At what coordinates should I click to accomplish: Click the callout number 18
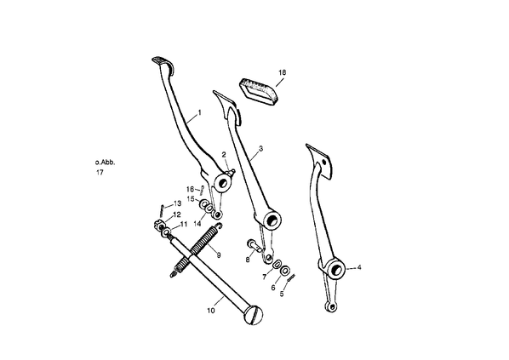pyautogui.click(x=283, y=72)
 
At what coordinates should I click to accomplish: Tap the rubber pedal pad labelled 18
pyautogui.click(x=260, y=92)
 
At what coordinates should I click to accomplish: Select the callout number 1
pyautogui.click(x=200, y=112)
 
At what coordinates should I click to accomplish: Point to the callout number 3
pyautogui.click(x=260, y=149)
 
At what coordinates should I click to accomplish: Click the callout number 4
pyautogui.click(x=359, y=267)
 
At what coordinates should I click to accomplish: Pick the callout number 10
pyautogui.click(x=211, y=311)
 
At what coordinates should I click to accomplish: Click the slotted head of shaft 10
pyautogui.click(x=254, y=315)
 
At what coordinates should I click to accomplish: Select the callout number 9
pyautogui.click(x=219, y=255)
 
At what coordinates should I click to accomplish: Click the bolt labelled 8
pyautogui.click(x=254, y=247)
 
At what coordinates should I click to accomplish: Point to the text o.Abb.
pyautogui.click(x=105, y=163)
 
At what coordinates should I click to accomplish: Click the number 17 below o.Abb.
pyautogui.click(x=100, y=173)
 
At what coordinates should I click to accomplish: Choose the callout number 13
pyautogui.click(x=177, y=203)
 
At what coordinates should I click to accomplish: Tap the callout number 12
pyautogui.click(x=176, y=214)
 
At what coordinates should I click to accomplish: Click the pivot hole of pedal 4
pyautogui.click(x=337, y=269)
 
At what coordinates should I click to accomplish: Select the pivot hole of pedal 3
pyautogui.click(x=274, y=220)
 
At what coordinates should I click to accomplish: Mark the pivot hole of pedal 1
pyautogui.click(x=223, y=183)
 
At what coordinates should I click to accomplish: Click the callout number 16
pyautogui.click(x=190, y=189)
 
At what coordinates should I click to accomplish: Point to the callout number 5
pyautogui.click(x=282, y=294)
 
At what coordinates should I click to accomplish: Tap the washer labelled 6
pyautogui.click(x=285, y=270)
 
